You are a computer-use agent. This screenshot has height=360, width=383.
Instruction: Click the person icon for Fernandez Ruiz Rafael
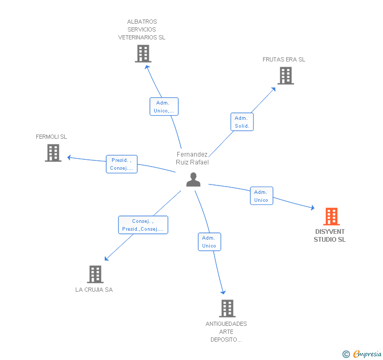[x=194, y=180]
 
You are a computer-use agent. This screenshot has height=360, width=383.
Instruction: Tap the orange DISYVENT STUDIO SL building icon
[x=331, y=216]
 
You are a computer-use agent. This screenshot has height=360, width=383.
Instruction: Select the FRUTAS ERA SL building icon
[x=285, y=76]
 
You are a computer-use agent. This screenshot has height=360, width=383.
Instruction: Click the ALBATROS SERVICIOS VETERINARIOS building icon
[x=143, y=54]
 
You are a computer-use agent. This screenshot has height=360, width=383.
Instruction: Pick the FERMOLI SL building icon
[x=53, y=153]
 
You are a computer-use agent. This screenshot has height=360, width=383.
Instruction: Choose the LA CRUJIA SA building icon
[x=95, y=274]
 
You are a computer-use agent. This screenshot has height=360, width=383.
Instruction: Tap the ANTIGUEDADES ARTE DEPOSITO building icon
[x=227, y=308]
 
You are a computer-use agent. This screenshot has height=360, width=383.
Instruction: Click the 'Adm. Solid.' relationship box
[x=242, y=122]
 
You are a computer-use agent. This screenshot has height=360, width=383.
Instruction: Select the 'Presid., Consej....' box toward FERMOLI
[x=122, y=164]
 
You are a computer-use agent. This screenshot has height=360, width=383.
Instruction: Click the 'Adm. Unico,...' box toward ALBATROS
[x=164, y=107]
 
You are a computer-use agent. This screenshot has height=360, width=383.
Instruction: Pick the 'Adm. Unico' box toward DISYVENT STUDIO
[x=261, y=196]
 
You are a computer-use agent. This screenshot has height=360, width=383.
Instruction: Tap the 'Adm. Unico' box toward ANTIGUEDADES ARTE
[x=209, y=242]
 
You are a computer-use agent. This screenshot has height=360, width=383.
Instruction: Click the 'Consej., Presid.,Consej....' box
[x=143, y=225]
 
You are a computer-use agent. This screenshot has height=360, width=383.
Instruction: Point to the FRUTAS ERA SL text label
[x=284, y=59]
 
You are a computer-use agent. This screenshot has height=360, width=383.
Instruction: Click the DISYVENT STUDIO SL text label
[x=330, y=235]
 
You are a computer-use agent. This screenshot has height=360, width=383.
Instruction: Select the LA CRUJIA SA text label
[x=94, y=290]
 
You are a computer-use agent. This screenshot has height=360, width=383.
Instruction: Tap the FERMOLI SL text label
[x=52, y=137]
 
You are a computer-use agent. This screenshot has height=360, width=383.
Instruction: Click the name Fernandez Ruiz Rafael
[x=192, y=158]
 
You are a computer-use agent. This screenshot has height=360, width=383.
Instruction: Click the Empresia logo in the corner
[x=362, y=354]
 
